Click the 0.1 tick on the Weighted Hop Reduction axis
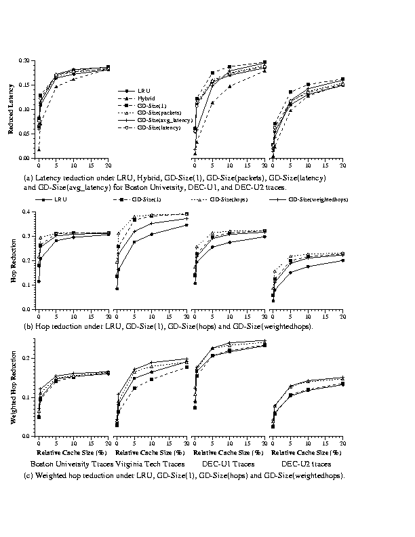pos(27,397)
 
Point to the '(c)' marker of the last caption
pos(28,475)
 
